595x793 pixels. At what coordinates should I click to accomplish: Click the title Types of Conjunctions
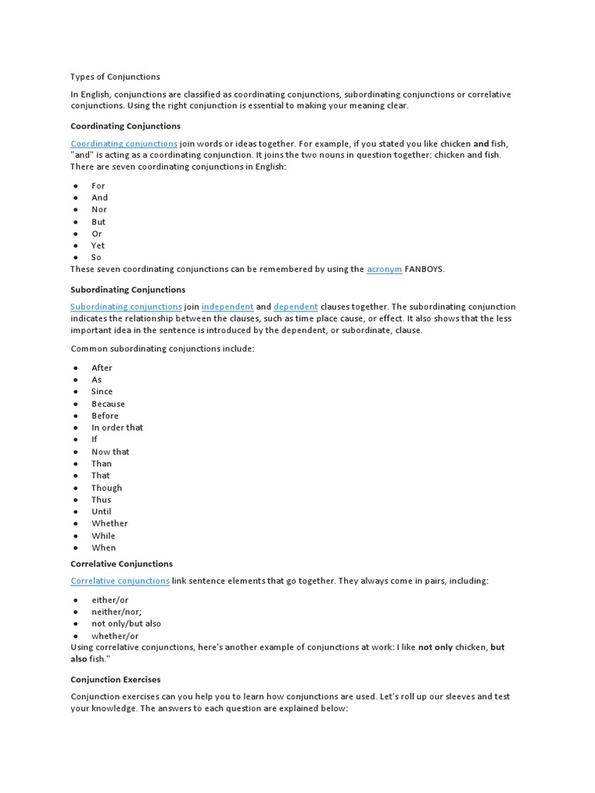[115, 77]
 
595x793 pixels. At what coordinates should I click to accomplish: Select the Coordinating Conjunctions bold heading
[126, 125]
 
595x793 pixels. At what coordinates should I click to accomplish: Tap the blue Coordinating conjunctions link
[124, 144]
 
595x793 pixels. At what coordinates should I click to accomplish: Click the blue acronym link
[384, 269]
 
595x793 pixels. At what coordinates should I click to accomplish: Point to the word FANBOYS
[425, 269]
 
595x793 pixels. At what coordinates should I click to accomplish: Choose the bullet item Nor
[99, 210]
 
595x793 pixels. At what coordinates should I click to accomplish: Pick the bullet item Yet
[98, 245]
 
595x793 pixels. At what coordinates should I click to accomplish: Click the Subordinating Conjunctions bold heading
[128, 290]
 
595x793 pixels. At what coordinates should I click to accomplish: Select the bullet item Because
[108, 404]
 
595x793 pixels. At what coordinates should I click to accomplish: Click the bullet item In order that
[117, 427]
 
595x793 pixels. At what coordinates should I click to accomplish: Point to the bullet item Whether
[109, 524]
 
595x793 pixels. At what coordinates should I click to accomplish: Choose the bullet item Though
[107, 488]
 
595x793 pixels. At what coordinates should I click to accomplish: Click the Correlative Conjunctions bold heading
[122, 564]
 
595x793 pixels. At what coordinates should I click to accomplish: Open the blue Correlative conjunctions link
[120, 581]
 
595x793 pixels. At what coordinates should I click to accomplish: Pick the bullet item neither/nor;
[116, 612]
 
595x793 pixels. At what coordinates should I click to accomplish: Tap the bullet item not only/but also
[126, 623]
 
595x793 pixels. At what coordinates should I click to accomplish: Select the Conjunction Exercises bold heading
[115, 679]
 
